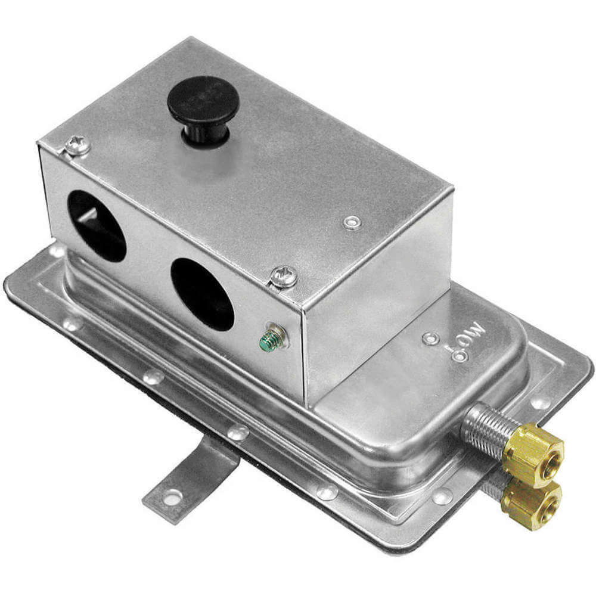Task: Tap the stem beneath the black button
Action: click(x=206, y=135)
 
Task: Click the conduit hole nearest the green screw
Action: click(x=202, y=294)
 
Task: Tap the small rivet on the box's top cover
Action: click(x=351, y=223)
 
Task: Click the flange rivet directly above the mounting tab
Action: click(x=239, y=432)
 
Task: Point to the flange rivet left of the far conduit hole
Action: click(x=57, y=251)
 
